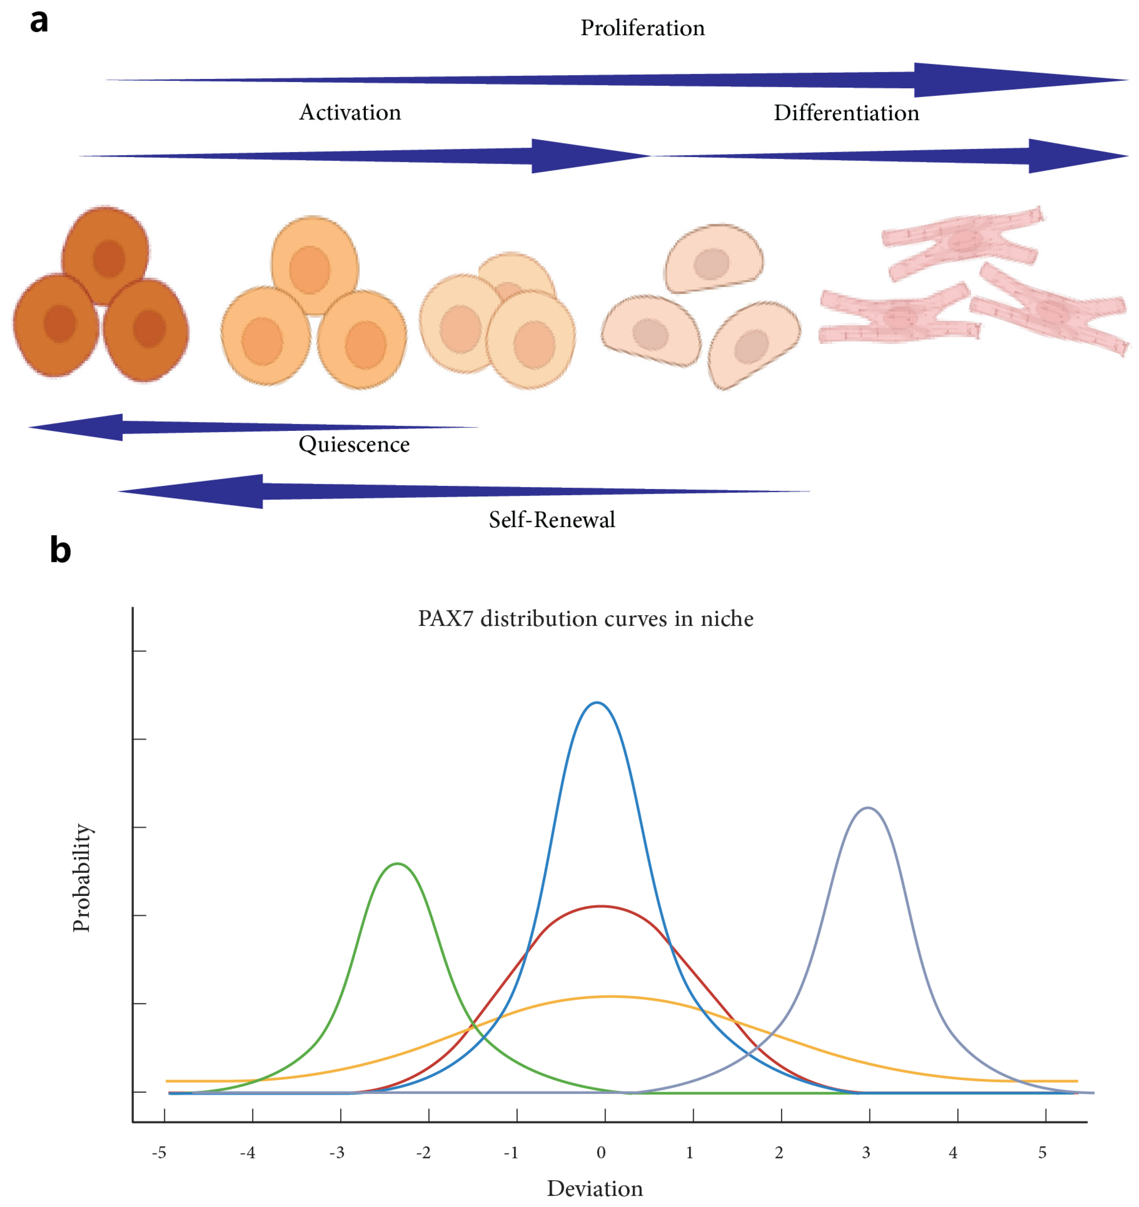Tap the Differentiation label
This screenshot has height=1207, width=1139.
(x=846, y=114)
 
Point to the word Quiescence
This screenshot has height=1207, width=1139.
(x=354, y=445)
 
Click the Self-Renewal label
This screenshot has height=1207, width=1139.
(x=551, y=520)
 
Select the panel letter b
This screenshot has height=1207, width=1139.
(x=60, y=550)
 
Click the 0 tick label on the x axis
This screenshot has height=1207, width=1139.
(x=601, y=1152)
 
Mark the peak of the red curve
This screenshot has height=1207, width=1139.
(x=601, y=907)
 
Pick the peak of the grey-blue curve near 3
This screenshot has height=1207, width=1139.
(x=868, y=808)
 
